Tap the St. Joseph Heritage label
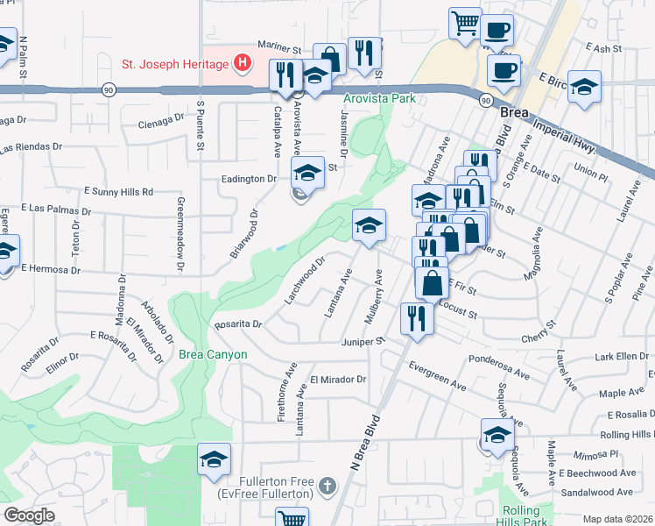click(x=173, y=63)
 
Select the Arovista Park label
click(x=379, y=99)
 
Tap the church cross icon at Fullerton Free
click(x=327, y=485)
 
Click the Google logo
click(x=29, y=515)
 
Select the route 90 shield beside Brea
click(x=485, y=101)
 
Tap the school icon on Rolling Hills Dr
click(x=497, y=434)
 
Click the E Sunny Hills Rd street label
click(x=118, y=191)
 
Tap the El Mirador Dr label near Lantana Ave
click(x=337, y=379)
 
